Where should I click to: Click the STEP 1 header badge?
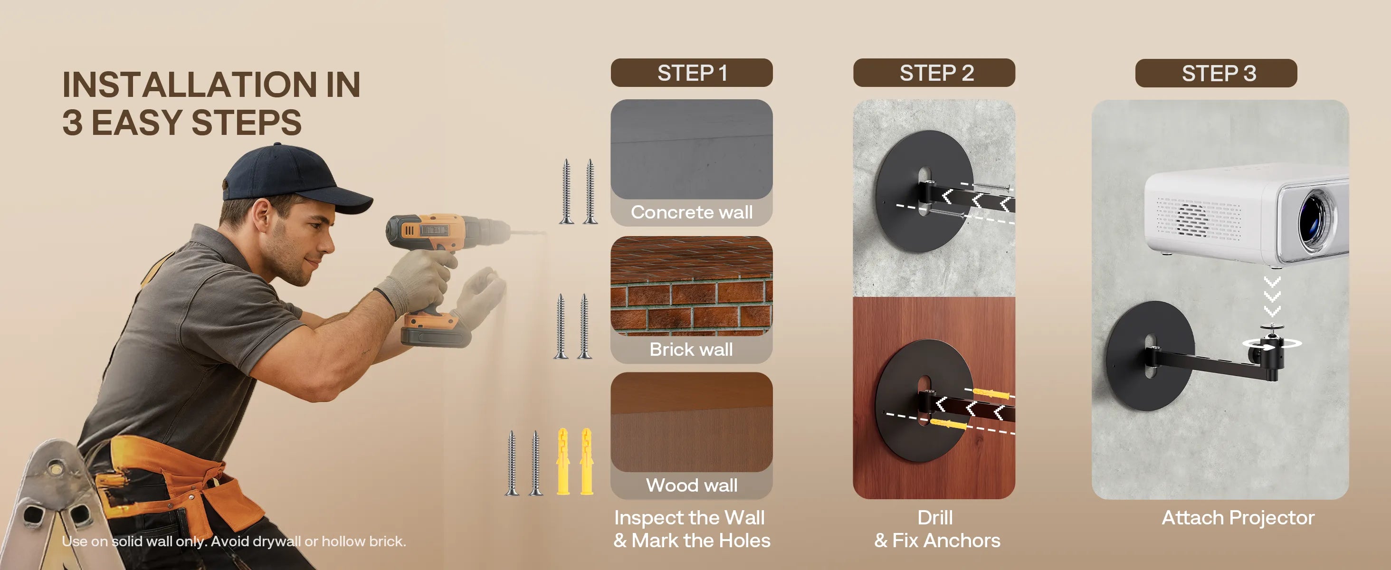click(692, 73)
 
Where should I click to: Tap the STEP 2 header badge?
click(934, 73)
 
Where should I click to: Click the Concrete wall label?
click(692, 212)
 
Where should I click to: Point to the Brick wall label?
click(691, 349)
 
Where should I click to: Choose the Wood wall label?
click(692, 485)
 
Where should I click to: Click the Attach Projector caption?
click(1238, 518)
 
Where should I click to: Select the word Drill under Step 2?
click(935, 518)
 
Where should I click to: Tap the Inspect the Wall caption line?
click(689, 518)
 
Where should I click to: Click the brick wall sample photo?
click(692, 286)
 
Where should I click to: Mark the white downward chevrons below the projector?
click(1273, 296)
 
